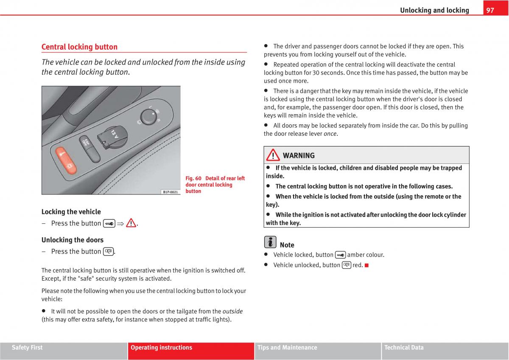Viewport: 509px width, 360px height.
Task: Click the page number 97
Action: pyautogui.click(x=490, y=10)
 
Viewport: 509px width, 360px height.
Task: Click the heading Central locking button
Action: pyautogui.click(x=79, y=47)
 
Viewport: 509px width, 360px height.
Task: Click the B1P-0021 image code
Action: pyautogui.click(x=171, y=192)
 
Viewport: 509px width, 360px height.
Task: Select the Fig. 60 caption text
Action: pyautogui.click(x=215, y=185)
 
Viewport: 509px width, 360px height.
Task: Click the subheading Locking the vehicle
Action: pyautogui.click(x=71, y=212)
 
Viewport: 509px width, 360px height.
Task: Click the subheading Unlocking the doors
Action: pyautogui.click(x=73, y=240)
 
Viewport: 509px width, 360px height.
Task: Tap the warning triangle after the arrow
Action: pyautogui.click(x=131, y=223)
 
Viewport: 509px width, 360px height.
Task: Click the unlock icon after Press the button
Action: pyautogui.click(x=108, y=251)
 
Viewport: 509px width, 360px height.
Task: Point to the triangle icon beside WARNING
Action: pyautogui.click(x=273, y=155)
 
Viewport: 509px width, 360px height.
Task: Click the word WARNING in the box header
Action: pyautogui.click(x=299, y=155)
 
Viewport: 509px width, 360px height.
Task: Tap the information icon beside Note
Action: pyautogui.click(x=270, y=242)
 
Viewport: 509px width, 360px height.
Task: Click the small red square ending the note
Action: pyautogui.click(x=366, y=265)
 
